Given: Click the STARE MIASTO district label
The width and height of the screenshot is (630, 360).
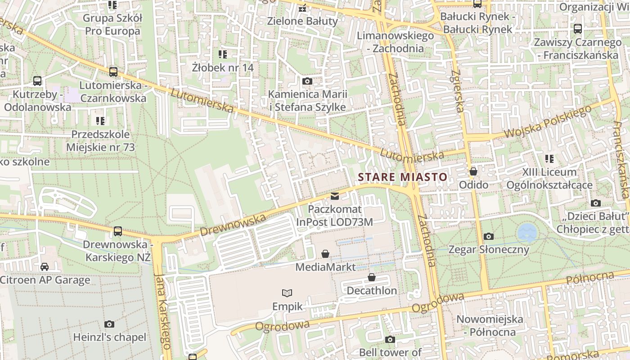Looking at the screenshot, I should pos(403,177).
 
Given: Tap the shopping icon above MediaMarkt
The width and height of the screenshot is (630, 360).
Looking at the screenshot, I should pos(325,254).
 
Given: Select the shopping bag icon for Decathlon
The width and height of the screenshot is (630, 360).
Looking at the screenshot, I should pos(372,277).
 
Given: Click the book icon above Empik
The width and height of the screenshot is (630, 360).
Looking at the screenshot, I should pos(287,293).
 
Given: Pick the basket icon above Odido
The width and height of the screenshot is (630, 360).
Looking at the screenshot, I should pos(473,171).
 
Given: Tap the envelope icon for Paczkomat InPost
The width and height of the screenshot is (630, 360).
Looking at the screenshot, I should pos(335,196).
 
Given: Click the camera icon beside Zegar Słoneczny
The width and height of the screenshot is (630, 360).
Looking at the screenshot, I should pos(488,236).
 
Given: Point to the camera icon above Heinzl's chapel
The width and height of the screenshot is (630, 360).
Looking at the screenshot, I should pos(109,324).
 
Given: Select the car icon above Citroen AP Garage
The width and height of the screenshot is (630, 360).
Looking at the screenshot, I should pos(44,267).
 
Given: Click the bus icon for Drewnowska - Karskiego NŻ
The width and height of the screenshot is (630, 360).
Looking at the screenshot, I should pos(117,231).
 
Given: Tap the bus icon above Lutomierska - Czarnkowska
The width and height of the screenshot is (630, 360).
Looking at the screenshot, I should pos(113,72).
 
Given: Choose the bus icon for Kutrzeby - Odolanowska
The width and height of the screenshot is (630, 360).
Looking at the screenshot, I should pos(37,81).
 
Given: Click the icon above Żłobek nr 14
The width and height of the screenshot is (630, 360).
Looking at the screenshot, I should pos(222,54).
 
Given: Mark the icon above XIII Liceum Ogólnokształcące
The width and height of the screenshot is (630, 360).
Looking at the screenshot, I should pos(549,159).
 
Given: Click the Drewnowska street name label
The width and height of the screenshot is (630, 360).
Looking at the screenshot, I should pos(233,225).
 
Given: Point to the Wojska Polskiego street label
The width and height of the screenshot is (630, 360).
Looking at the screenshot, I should pos(548,122).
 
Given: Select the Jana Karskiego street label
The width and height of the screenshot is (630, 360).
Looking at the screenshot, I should pos(162,310).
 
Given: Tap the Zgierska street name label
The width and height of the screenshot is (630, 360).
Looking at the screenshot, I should pos(458,90).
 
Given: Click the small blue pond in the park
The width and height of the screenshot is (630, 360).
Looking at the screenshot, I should pos(527,233).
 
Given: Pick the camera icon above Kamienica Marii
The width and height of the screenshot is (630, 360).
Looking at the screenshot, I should pos(307,81).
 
